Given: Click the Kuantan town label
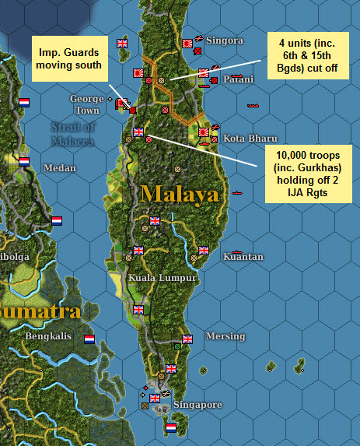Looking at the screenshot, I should pos(243,256).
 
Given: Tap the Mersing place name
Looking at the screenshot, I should pos(225,336).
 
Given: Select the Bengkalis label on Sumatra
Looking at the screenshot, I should pos(49,336).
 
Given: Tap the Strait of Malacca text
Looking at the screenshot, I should pos(73,133).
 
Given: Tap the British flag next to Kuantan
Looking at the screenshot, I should pos(204,251).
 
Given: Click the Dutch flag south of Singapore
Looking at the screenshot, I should pos(171,427).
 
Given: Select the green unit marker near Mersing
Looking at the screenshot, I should pos(178,345).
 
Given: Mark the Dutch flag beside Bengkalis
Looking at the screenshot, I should pos(89,339).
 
